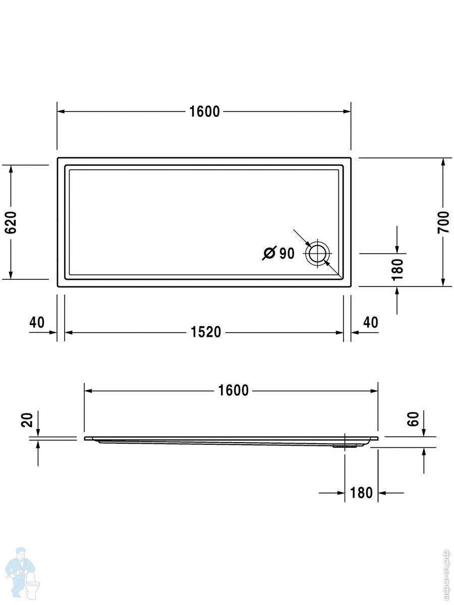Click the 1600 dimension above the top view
coord(204,111)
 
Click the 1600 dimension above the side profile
coord(233,391)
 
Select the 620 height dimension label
coord(11,222)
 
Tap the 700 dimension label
coord(443,222)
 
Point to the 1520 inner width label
coord(206,332)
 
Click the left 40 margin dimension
coord(37,322)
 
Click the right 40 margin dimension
coord(370,322)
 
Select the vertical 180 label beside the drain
coord(397,269)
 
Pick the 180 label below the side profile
coord(361,493)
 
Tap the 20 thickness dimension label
coord(27,420)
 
